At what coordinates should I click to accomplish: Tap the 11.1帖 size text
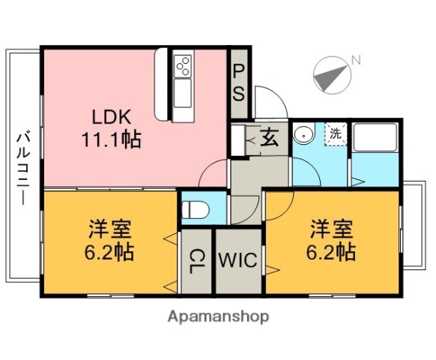point(112,139)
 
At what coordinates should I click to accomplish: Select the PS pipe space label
point(238,82)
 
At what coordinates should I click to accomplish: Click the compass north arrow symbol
point(332,74)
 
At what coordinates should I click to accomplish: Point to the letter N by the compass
point(357,59)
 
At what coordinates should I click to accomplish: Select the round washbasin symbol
point(303,135)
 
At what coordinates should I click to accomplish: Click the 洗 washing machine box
point(334,134)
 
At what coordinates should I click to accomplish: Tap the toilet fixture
point(194,208)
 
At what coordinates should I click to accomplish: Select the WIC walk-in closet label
point(238,261)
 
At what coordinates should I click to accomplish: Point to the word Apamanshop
point(218,316)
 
